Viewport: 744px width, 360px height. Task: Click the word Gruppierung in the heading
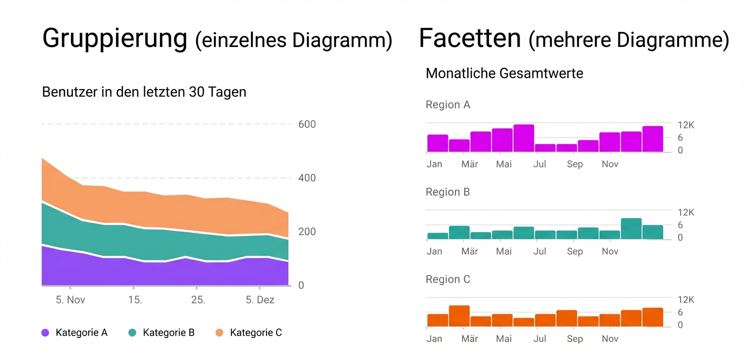point(114,39)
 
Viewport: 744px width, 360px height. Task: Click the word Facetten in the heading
point(469,38)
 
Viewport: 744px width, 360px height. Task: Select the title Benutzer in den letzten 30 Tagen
point(144,92)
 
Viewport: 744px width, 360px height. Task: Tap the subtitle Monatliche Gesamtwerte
point(504,74)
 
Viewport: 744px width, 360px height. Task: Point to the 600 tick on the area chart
point(307,124)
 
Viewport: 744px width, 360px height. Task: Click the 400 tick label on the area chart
point(307,178)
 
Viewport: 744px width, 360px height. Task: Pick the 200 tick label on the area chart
point(307,232)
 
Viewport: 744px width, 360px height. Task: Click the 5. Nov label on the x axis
point(70,300)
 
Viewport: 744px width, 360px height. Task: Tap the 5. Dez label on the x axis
point(260,300)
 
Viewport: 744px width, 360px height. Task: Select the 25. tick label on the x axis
point(197,300)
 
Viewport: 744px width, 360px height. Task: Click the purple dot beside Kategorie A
point(45,332)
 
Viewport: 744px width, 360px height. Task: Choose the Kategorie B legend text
point(168,332)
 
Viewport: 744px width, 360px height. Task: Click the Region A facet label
point(447,105)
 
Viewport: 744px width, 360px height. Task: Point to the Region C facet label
point(447,279)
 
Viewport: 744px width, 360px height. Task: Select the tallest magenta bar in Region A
point(523,138)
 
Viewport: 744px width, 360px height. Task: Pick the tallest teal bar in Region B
point(631,228)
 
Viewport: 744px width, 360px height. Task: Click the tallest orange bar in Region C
point(459,316)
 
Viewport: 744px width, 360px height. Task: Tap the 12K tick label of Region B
point(685,212)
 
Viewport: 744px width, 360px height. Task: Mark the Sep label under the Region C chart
point(574,339)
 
